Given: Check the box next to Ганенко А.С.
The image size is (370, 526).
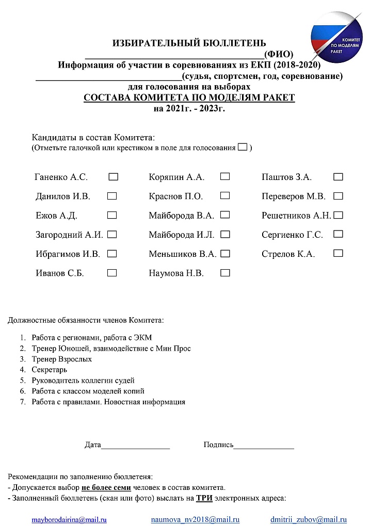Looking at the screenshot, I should coord(114,177).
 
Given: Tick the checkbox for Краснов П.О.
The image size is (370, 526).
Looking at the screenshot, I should coord(225,196).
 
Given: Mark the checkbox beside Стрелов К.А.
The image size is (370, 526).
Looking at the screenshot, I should coord(339,253).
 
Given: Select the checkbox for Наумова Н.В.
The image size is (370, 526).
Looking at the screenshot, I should coord(225,273).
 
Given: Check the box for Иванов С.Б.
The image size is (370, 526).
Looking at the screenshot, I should coord(112,273).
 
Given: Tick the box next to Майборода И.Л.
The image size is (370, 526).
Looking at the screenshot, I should coord(225,234).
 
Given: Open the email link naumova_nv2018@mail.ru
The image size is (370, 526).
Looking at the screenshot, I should coord(195,519).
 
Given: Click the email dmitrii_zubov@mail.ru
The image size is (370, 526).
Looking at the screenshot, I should coord(308,519).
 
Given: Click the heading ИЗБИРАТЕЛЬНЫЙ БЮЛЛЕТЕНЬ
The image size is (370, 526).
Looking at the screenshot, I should coord(189,43).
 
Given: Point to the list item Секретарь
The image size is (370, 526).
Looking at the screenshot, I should coord(49,370).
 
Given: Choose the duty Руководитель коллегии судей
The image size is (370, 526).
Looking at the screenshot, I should coord(83,381).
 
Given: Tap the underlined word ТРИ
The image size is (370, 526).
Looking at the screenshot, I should coord(204,498).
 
